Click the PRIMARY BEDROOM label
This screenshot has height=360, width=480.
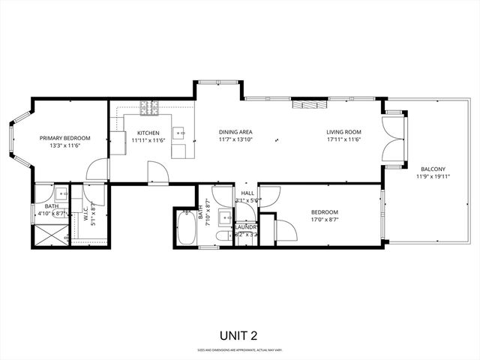coord(65,138)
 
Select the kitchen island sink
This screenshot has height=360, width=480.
coord(180,133)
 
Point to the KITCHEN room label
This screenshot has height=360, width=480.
coord(148,133)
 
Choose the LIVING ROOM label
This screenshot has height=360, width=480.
coord(343,133)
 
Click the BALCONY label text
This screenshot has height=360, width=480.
coord(432,169)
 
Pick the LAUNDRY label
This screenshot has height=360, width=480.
coord(246,226)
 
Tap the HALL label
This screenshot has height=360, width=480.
coord(247,193)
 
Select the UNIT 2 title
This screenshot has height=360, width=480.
coord(240,335)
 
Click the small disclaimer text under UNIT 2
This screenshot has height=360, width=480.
coord(240,350)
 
